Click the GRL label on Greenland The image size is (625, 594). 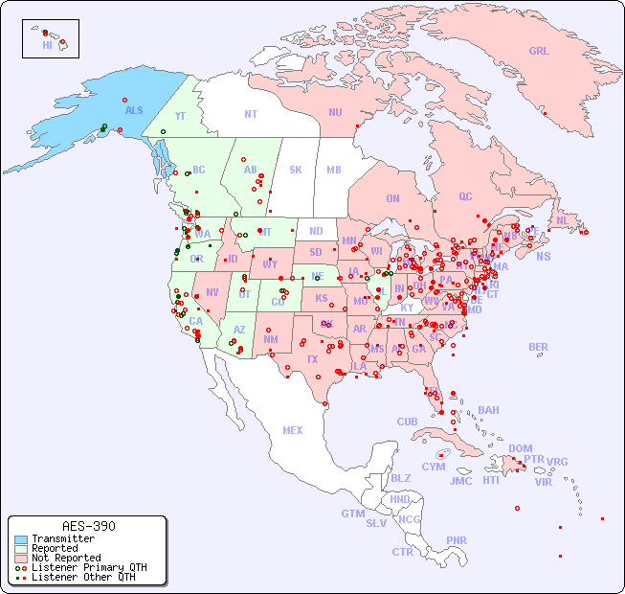(x=539, y=51)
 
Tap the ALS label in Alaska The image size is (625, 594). (x=134, y=110)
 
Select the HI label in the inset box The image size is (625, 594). (x=47, y=45)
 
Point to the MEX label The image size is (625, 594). (x=293, y=430)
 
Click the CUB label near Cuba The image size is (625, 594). (x=408, y=422)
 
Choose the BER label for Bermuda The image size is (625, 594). (x=538, y=347)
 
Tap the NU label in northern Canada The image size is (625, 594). (x=335, y=112)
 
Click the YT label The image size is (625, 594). (x=180, y=116)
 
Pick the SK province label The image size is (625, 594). (x=296, y=170)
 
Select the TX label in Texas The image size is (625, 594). (x=312, y=359)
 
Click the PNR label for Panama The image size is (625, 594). (x=457, y=540)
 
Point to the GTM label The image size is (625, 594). (x=353, y=514)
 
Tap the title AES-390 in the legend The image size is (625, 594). (x=88, y=526)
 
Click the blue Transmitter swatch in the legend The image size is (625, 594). (x=21, y=539)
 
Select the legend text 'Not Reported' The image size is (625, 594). (x=65, y=558)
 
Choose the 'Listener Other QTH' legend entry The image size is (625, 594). (x=82, y=577)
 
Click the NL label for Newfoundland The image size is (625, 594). (x=563, y=219)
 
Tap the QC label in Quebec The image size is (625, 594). (x=465, y=196)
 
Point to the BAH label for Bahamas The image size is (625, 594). (x=488, y=410)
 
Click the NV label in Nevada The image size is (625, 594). (x=212, y=292)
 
